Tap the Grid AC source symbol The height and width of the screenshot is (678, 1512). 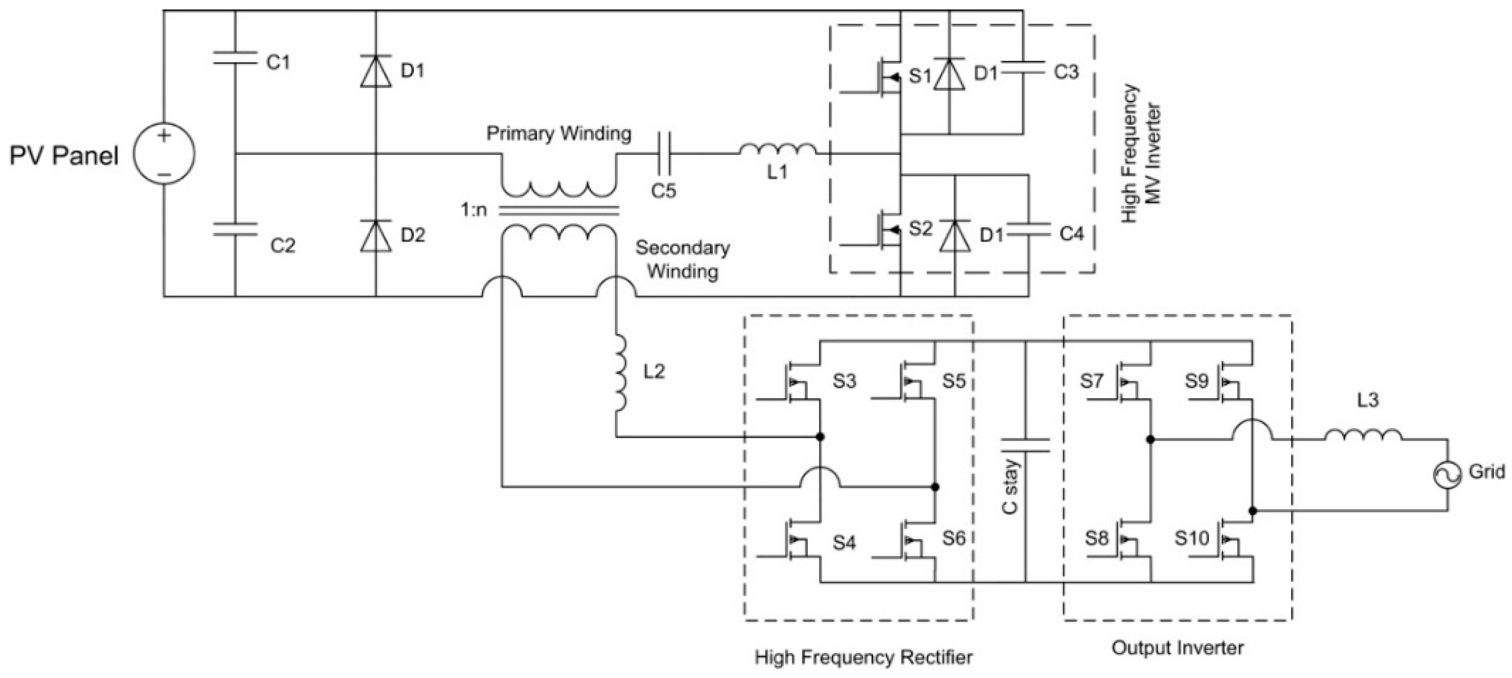1446,474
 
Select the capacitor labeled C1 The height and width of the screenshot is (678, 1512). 235,58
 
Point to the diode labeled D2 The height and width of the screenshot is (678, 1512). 376,236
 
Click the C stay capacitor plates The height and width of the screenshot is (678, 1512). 1025,445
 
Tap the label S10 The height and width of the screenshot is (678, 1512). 1192,538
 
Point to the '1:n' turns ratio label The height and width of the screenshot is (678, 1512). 474,210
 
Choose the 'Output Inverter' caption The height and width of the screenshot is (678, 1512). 1178,648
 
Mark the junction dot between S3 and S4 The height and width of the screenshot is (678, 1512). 820,437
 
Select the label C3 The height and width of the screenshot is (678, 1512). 1066,72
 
